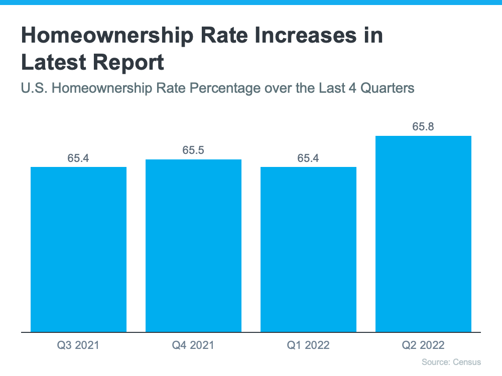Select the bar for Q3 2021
(x=78, y=249)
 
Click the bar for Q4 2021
(x=193, y=246)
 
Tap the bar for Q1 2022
(x=308, y=249)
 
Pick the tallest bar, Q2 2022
(x=423, y=234)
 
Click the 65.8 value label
(x=423, y=127)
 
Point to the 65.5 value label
(x=193, y=150)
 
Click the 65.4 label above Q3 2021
(x=78, y=158)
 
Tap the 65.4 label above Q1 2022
(x=308, y=158)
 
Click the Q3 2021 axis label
(x=78, y=345)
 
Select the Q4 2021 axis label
(x=193, y=345)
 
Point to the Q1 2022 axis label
(x=308, y=345)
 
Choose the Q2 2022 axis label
(x=423, y=345)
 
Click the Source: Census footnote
(x=451, y=362)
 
